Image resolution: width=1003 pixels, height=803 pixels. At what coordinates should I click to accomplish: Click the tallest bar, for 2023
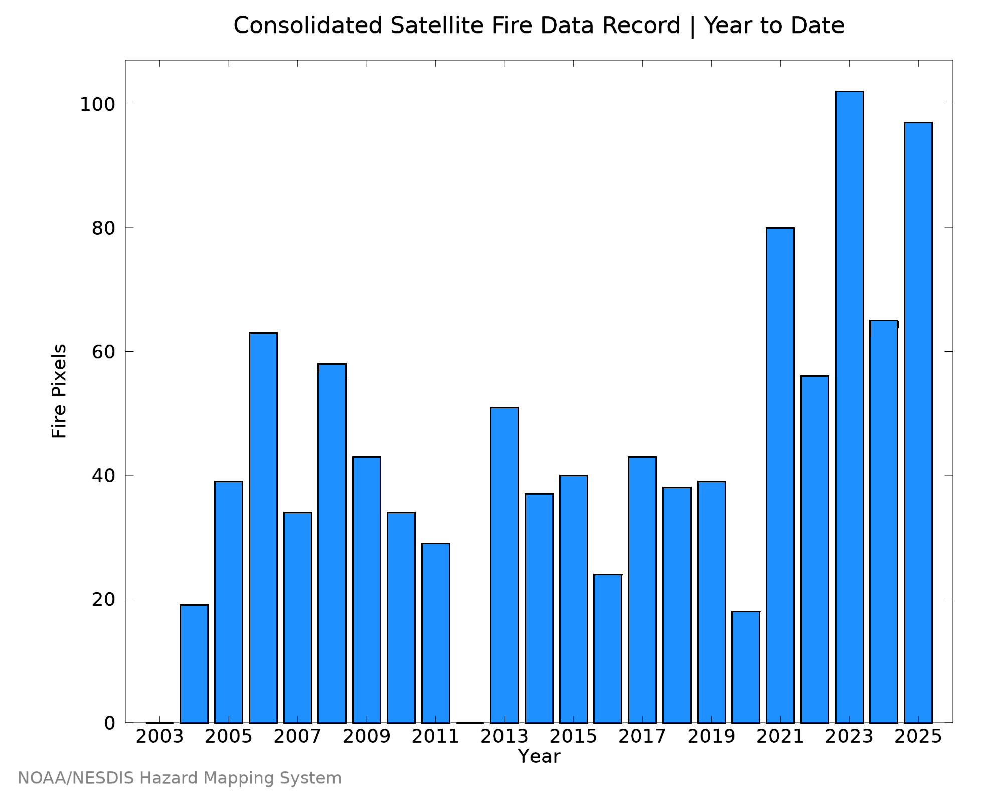[849, 407]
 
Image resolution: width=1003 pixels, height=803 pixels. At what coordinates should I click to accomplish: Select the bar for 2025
[918, 423]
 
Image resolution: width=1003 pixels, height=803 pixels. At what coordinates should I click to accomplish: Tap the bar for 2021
[780, 475]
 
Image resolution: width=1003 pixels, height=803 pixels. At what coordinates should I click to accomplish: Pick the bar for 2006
[263, 528]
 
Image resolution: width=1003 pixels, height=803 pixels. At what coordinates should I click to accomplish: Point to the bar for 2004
[194, 664]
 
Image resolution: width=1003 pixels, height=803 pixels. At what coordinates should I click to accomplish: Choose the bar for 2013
[505, 565]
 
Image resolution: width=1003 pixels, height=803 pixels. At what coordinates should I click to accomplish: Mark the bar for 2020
[746, 667]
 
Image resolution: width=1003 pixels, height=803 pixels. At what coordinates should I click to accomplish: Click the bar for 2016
[608, 648]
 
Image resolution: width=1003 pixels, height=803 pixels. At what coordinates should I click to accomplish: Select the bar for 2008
[332, 544]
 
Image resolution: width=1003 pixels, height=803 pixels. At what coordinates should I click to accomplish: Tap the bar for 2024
[884, 521]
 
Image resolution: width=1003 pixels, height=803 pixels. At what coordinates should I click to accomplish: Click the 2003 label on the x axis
[160, 737]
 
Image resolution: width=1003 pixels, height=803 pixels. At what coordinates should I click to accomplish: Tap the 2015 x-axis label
[574, 737]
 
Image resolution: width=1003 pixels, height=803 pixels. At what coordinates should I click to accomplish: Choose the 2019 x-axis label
[712, 737]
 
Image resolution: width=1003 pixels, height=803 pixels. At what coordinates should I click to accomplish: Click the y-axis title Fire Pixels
[59, 391]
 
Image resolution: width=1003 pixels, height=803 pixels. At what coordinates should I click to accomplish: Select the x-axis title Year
[539, 756]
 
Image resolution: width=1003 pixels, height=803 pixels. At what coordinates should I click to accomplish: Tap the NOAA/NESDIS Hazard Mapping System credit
[180, 778]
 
